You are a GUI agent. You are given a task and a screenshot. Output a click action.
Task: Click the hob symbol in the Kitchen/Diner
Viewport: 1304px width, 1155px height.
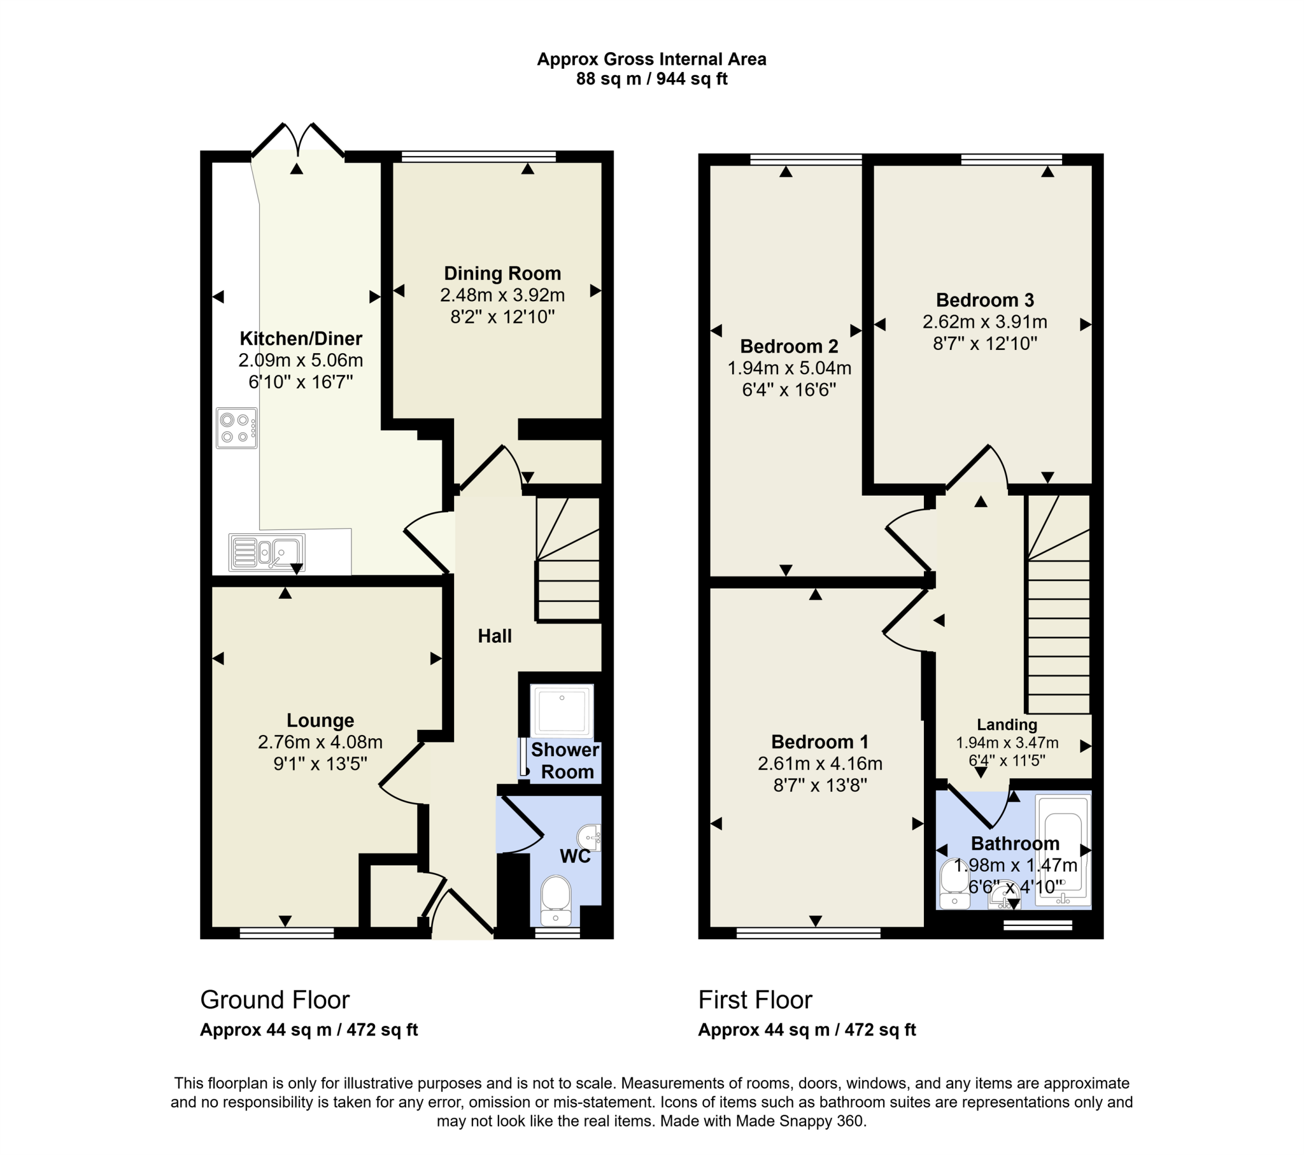[x=236, y=428]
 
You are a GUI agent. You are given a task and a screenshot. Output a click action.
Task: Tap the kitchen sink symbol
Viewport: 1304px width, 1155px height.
[x=267, y=552]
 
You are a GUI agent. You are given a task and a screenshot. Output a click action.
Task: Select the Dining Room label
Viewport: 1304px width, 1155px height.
[x=502, y=274]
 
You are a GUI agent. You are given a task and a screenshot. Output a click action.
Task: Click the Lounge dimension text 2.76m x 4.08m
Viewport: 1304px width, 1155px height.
[x=320, y=742]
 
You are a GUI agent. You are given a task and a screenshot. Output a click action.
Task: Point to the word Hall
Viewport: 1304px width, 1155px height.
[x=495, y=636]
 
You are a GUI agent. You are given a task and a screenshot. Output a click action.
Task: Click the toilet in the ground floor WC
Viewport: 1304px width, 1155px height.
[x=555, y=899]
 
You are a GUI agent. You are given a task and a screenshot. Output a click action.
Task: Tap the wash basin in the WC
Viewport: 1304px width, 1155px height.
[x=590, y=837]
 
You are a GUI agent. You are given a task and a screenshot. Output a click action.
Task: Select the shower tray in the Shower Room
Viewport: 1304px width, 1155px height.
[x=562, y=710]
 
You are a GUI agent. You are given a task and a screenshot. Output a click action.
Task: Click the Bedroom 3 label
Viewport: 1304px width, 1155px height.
[x=984, y=300]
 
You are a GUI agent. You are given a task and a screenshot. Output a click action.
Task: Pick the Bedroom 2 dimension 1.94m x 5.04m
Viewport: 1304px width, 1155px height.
[x=789, y=368]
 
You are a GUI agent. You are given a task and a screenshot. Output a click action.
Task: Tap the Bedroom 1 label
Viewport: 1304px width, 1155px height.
[x=819, y=742]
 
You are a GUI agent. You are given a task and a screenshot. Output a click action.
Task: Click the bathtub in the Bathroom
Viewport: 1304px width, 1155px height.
[x=1063, y=850]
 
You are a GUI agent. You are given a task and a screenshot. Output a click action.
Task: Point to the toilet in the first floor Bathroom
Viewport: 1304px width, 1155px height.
[x=954, y=884]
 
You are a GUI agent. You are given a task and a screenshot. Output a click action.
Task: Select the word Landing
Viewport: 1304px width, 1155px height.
[x=1007, y=725]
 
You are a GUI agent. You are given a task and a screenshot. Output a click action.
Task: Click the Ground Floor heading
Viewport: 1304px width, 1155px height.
[x=275, y=999]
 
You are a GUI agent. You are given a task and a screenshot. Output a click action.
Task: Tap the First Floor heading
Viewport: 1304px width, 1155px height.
[x=755, y=999]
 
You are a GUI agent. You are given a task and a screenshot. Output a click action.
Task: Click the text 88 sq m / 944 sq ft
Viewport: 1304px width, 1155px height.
[x=651, y=79]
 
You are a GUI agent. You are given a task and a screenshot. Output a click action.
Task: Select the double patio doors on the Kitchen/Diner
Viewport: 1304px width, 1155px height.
[x=298, y=140]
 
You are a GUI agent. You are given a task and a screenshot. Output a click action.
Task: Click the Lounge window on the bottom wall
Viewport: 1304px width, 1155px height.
[x=287, y=933]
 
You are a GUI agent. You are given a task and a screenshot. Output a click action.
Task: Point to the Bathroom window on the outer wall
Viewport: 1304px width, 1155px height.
[x=1037, y=925]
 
